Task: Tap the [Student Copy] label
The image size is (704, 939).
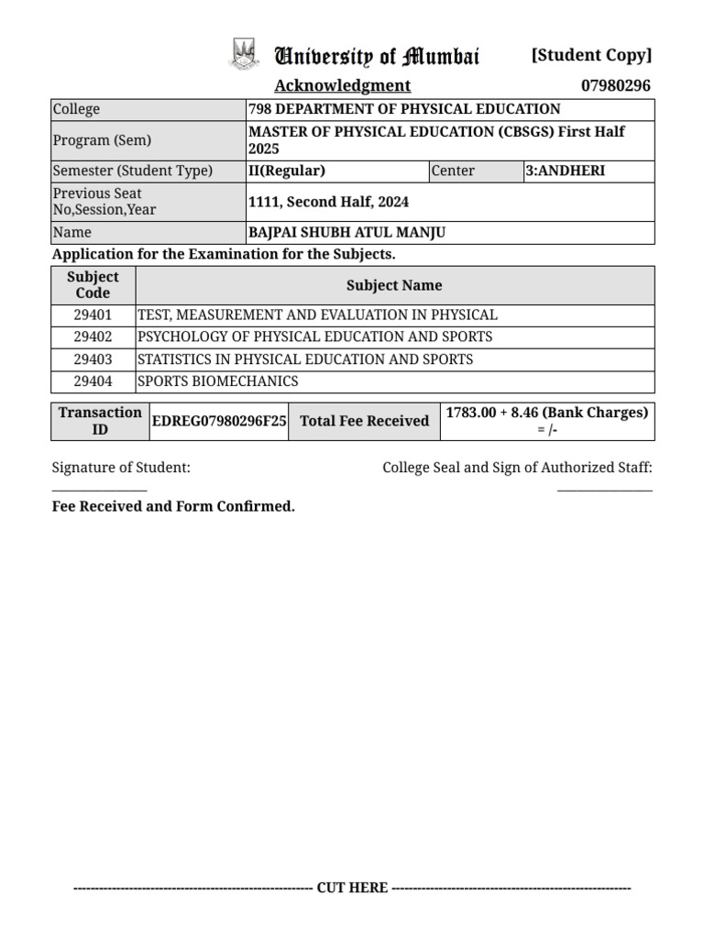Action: [x=591, y=55]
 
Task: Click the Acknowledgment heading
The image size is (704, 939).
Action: [x=343, y=85]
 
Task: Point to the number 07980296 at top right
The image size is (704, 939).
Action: [x=616, y=85]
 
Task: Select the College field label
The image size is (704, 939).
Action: [x=76, y=109]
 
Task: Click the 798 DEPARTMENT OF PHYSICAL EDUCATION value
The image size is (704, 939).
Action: [x=404, y=109]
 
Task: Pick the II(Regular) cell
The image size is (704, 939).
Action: [x=287, y=171]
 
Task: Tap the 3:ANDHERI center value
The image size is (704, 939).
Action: [x=566, y=171]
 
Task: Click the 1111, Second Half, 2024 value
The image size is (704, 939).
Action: [x=329, y=202]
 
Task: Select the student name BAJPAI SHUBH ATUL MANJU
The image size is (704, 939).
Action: [x=347, y=233]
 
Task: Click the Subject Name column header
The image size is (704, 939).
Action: [x=394, y=285]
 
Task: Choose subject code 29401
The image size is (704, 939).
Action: [x=93, y=315]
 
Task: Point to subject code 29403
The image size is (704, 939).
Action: [x=93, y=359]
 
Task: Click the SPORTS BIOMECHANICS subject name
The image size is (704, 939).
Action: [x=218, y=381]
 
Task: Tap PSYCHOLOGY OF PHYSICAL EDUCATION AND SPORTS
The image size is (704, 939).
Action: [x=314, y=337]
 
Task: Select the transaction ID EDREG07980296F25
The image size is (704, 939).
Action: [x=219, y=421]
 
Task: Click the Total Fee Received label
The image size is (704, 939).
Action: [x=364, y=421]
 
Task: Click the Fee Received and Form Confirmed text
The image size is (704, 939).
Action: [x=173, y=506]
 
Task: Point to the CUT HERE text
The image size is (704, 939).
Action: [x=352, y=888]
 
